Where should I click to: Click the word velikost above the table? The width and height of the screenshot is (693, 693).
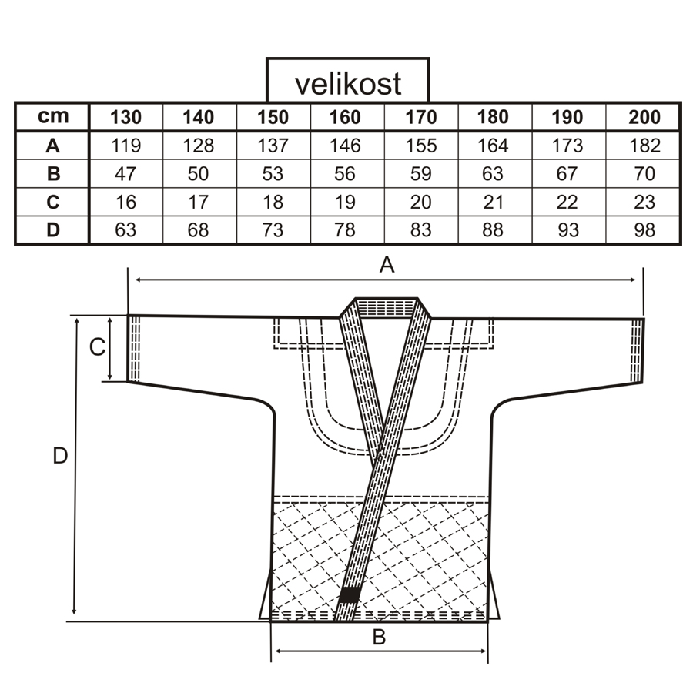tap(347, 82)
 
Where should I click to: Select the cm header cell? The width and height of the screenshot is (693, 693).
tap(53, 116)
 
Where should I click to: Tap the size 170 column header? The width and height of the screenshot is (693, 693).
tap(420, 117)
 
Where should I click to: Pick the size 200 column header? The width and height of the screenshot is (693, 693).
tap(644, 117)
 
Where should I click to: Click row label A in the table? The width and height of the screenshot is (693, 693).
tap(53, 146)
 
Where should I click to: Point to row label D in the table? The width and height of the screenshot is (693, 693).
tap(53, 230)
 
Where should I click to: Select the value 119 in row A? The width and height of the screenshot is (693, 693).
tap(125, 146)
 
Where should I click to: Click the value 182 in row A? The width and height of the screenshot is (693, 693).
tap(644, 146)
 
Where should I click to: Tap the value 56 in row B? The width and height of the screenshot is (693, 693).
tap(346, 174)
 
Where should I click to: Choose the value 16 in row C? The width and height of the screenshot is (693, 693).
tap(125, 203)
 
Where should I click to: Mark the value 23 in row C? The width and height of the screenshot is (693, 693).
tap(644, 203)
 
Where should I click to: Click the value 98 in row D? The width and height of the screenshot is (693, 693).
tap(644, 230)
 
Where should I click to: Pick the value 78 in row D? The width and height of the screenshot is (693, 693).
tap(346, 230)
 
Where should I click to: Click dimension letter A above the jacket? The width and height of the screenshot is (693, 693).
tap(387, 266)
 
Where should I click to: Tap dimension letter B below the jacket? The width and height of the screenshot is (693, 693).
tap(379, 638)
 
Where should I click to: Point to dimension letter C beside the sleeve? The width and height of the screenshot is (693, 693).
tap(97, 348)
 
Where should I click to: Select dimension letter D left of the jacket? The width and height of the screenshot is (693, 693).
tap(60, 456)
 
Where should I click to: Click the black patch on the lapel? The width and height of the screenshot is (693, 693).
tap(350, 594)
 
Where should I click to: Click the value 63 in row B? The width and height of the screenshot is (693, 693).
tap(494, 174)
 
